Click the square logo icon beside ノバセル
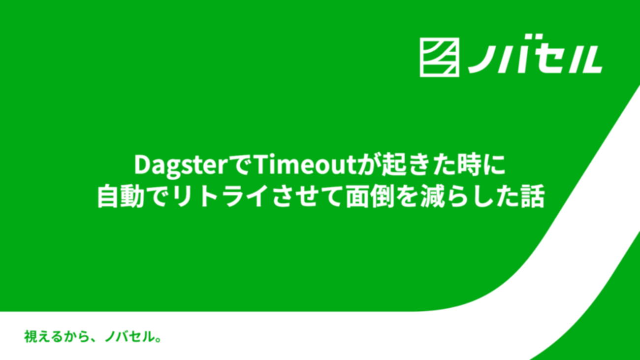(440, 58)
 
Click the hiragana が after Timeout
(371, 165)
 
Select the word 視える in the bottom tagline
(43, 336)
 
